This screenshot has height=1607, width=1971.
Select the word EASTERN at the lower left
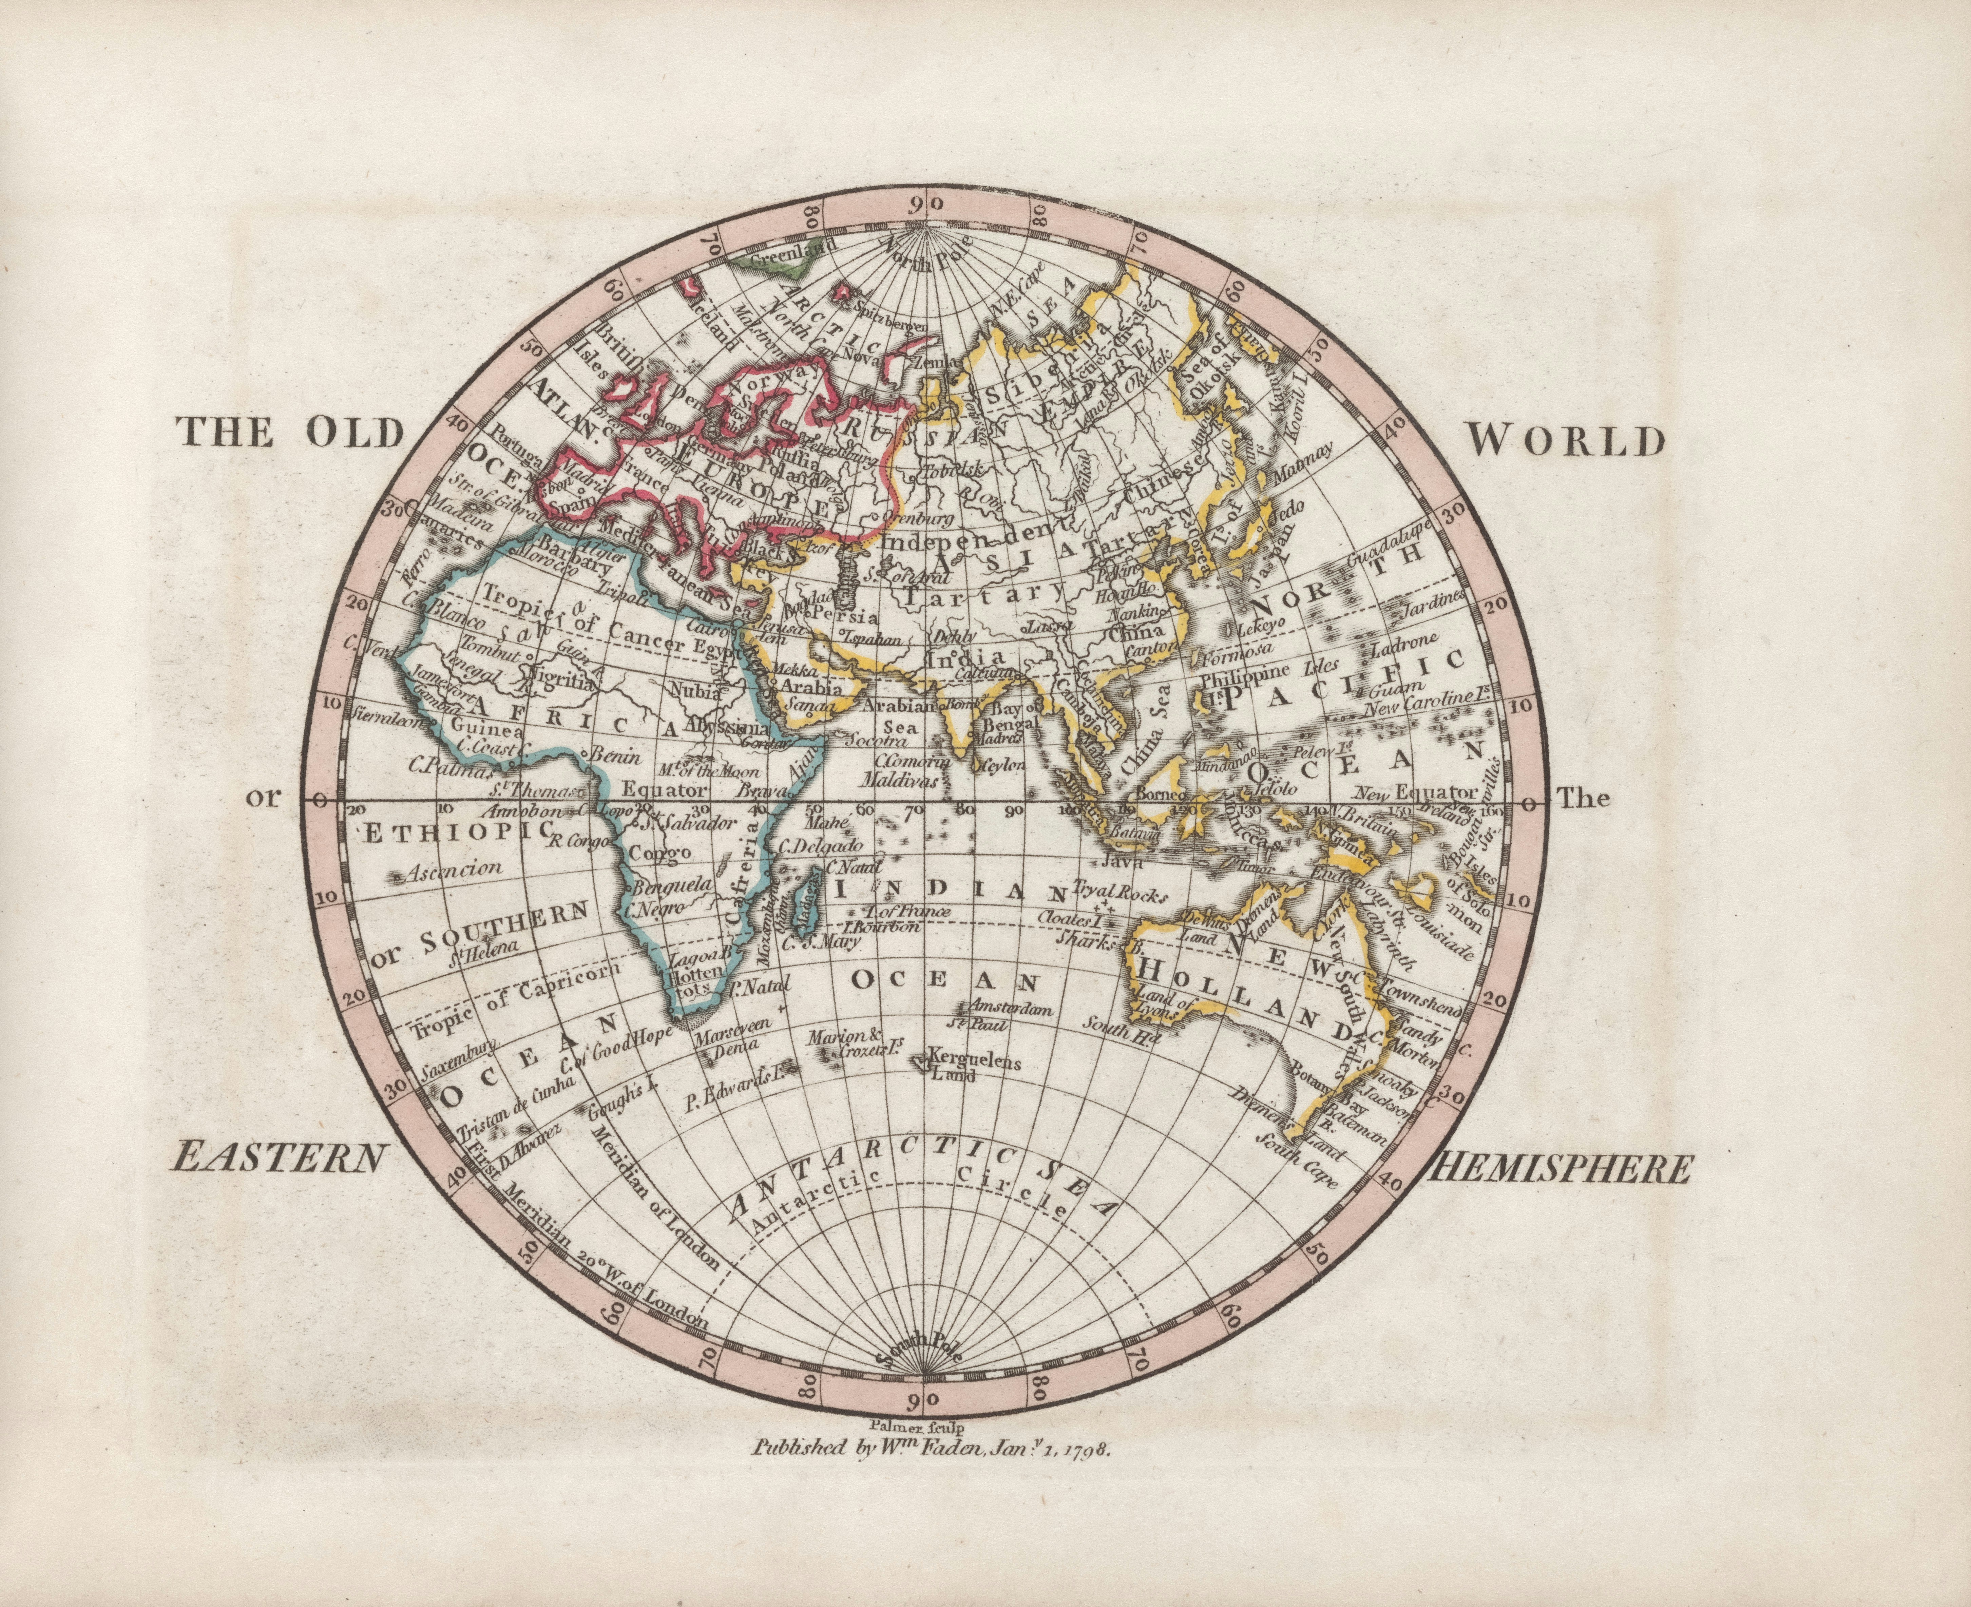click(x=278, y=1157)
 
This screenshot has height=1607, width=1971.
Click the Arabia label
click(x=813, y=688)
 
